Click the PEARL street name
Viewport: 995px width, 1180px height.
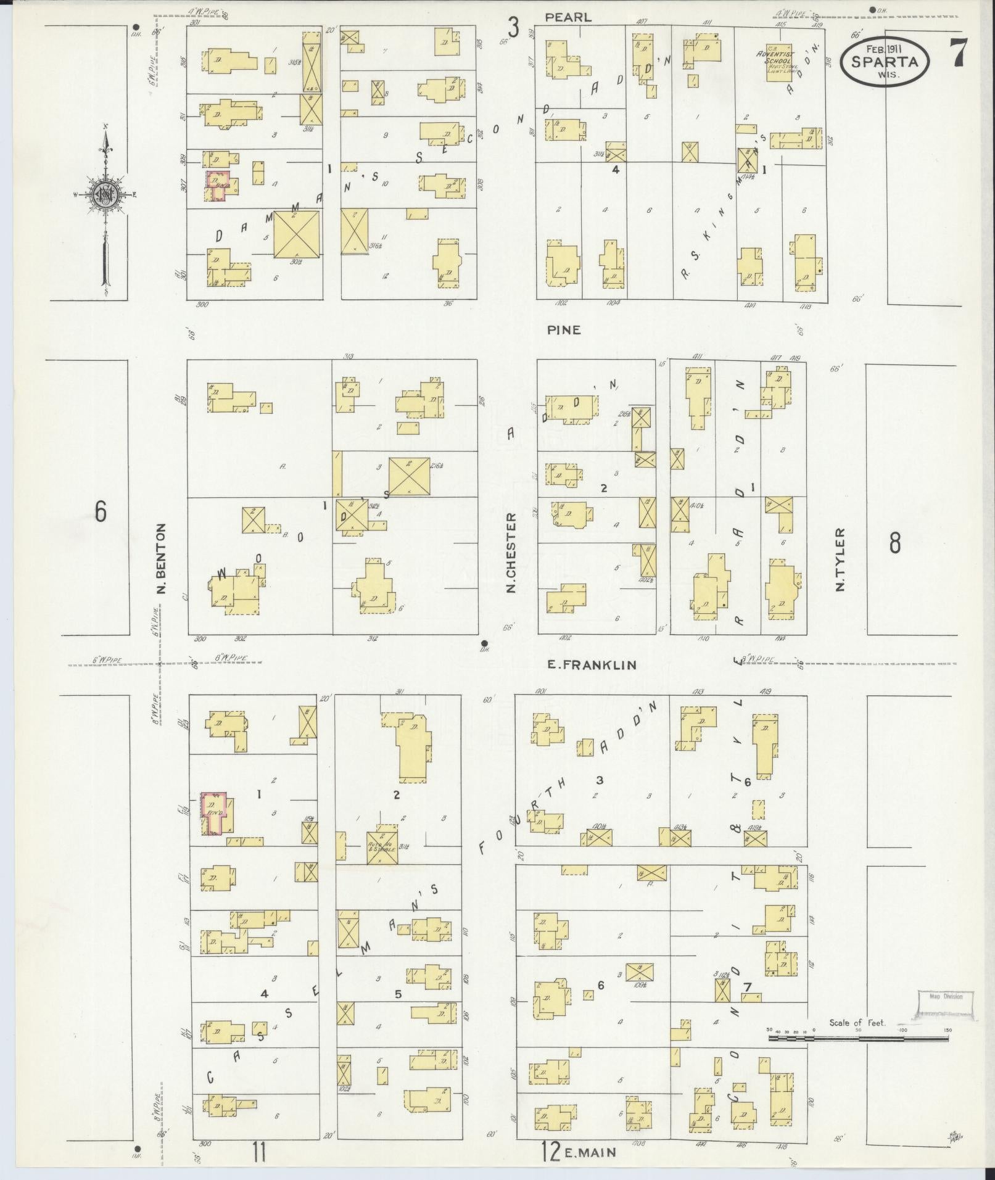[x=568, y=18]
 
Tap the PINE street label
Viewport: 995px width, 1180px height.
[x=563, y=330]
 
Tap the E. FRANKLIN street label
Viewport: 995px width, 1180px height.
[x=592, y=664]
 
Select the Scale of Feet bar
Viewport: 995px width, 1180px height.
[x=859, y=1038]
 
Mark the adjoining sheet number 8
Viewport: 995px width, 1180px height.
[x=894, y=543]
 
